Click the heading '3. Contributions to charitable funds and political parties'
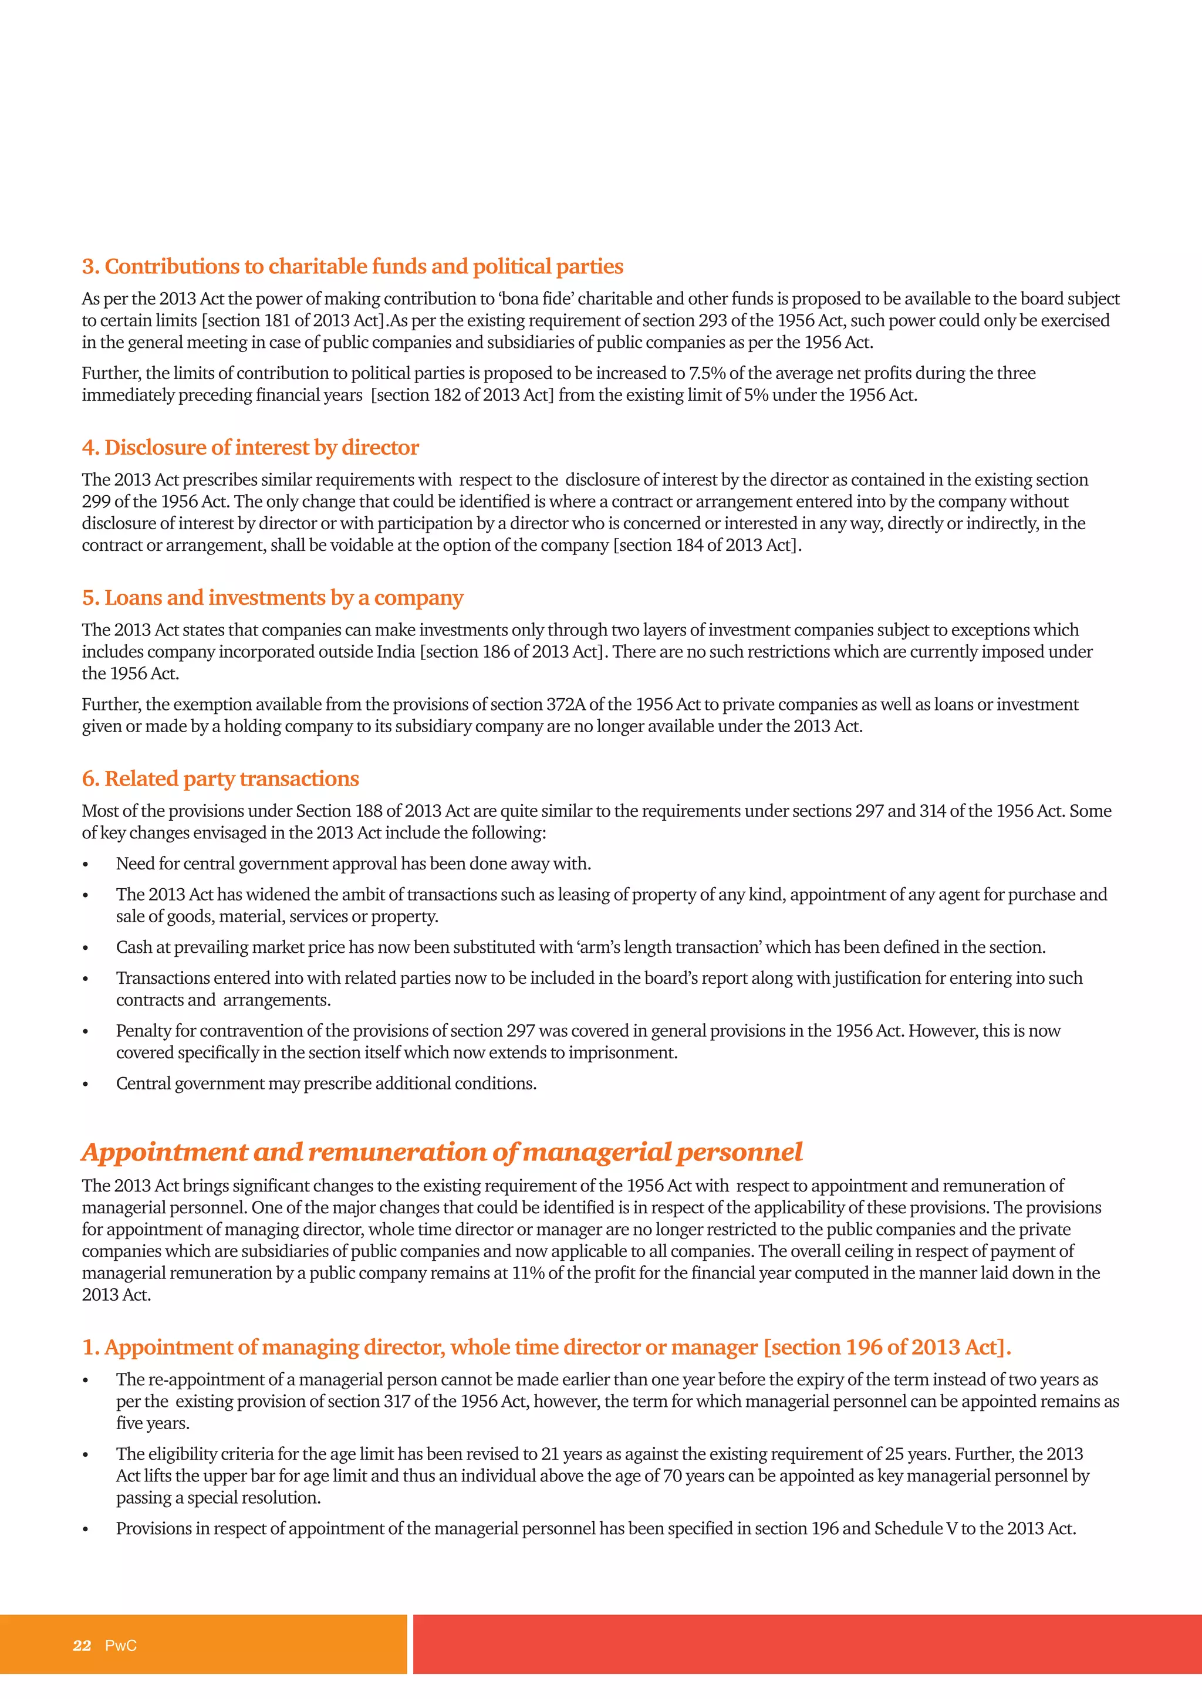click(352, 266)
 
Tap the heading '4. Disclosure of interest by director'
click(250, 448)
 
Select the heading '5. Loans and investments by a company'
click(272, 598)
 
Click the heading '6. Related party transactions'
click(220, 779)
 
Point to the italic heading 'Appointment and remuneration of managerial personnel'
click(442, 1152)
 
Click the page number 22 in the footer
click(82, 1646)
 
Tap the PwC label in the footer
click(121, 1646)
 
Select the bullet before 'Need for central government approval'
click(86, 865)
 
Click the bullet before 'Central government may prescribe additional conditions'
click(86, 1085)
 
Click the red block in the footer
click(807, 1644)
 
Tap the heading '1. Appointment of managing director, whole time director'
click(546, 1348)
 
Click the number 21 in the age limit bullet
click(550, 1454)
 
